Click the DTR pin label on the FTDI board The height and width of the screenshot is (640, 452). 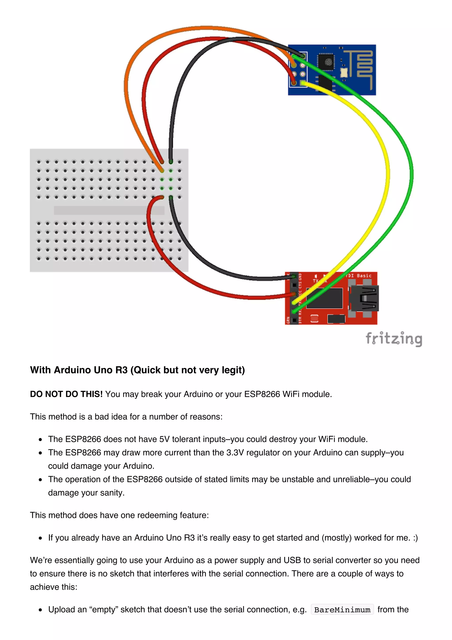[x=300, y=320]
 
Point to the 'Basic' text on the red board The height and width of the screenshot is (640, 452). [x=364, y=276]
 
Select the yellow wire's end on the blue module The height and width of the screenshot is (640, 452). [x=303, y=83]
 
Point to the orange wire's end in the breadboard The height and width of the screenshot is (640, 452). [x=162, y=170]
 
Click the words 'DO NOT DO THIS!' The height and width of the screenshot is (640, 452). [x=66, y=394]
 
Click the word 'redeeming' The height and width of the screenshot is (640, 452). [x=157, y=515]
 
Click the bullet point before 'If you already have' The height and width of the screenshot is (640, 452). [x=41, y=538]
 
